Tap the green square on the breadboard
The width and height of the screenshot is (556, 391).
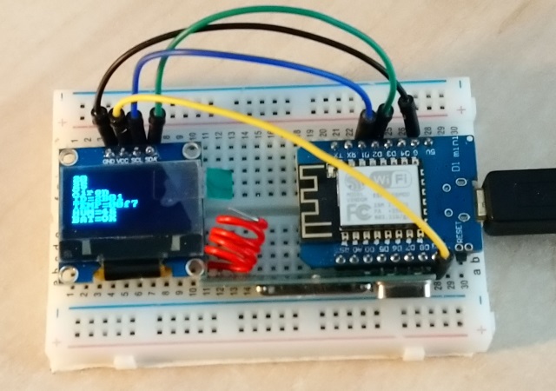[221, 183]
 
